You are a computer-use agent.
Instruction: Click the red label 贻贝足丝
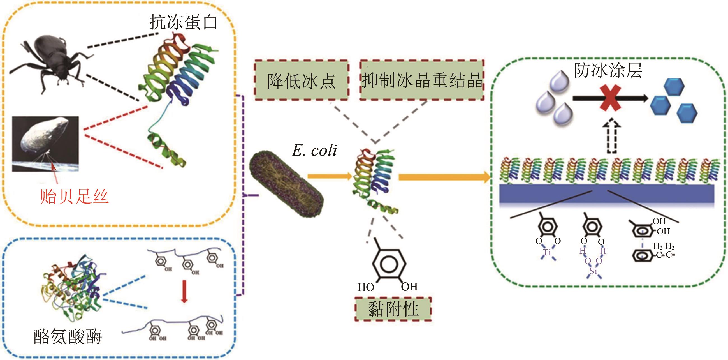click(74, 196)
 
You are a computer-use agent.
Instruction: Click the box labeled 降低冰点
click(301, 80)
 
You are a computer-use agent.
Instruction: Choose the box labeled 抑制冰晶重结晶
click(422, 80)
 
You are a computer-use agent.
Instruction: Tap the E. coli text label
click(314, 150)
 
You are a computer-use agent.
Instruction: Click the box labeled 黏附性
click(393, 309)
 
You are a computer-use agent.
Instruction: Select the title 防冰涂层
click(608, 70)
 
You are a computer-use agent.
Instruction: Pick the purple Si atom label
click(593, 271)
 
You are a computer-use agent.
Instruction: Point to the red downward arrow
click(184, 291)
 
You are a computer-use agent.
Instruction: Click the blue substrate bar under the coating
click(606, 194)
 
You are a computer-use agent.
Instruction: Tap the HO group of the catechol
click(366, 288)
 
